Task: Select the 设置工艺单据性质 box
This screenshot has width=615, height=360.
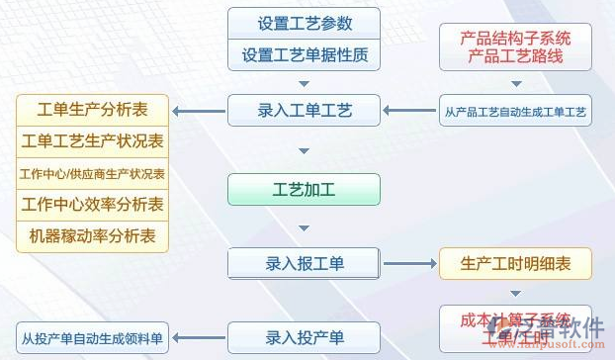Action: tap(305, 54)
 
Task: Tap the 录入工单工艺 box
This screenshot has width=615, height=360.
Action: tap(305, 110)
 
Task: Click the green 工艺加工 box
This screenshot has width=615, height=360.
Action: tap(305, 189)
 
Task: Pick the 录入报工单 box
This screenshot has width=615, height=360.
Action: tap(305, 264)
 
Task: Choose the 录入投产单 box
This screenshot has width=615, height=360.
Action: tap(305, 338)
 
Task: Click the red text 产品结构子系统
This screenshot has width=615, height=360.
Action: tap(515, 39)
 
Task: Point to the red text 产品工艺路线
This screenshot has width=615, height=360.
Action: tap(515, 57)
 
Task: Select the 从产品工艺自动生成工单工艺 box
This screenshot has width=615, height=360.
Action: tap(514, 111)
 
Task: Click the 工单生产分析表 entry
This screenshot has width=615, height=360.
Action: tap(93, 109)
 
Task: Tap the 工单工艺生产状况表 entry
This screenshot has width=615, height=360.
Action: tap(93, 141)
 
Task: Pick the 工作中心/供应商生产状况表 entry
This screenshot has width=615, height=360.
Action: tap(93, 174)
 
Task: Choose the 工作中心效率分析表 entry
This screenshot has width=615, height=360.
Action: tap(93, 206)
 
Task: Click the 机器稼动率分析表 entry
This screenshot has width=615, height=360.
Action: tap(93, 237)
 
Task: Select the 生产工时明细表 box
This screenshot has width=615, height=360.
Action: tap(514, 264)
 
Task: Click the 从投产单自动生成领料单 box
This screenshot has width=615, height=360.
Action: tap(93, 338)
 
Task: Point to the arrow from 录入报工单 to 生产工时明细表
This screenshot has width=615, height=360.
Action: tap(409, 264)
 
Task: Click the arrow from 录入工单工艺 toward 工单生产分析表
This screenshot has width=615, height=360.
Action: tap(198, 110)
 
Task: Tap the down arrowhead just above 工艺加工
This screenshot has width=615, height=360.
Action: tap(305, 151)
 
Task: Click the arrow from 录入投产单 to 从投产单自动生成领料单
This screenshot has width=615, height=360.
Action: tap(198, 338)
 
